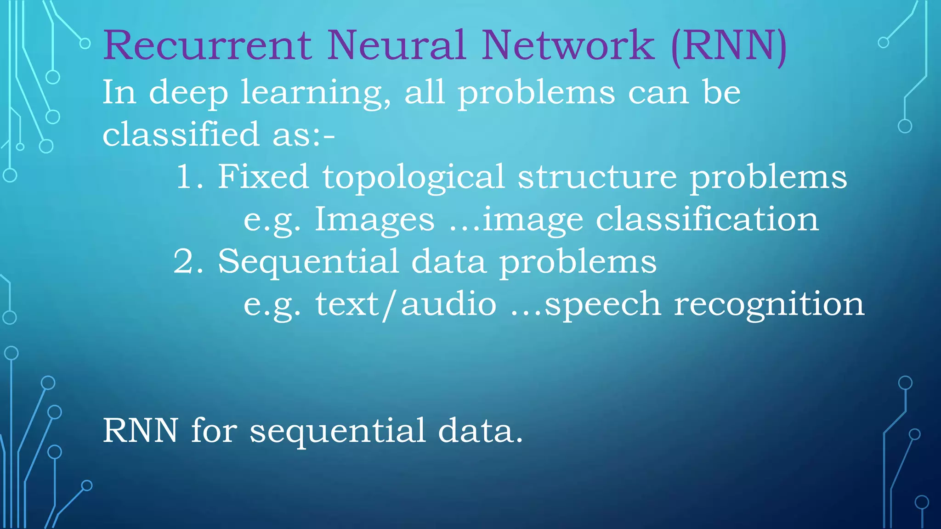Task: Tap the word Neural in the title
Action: (x=396, y=45)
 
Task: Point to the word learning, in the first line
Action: (x=317, y=93)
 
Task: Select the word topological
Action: (x=414, y=178)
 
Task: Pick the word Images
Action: (x=374, y=220)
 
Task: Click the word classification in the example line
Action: (x=707, y=219)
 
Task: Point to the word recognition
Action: (x=769, y=305)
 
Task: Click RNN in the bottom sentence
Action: (x=140, y=431)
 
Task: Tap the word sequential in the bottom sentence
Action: (x=338, y=432)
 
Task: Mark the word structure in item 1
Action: (x=597, y=177)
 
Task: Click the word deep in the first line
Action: (x=188, y=93)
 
